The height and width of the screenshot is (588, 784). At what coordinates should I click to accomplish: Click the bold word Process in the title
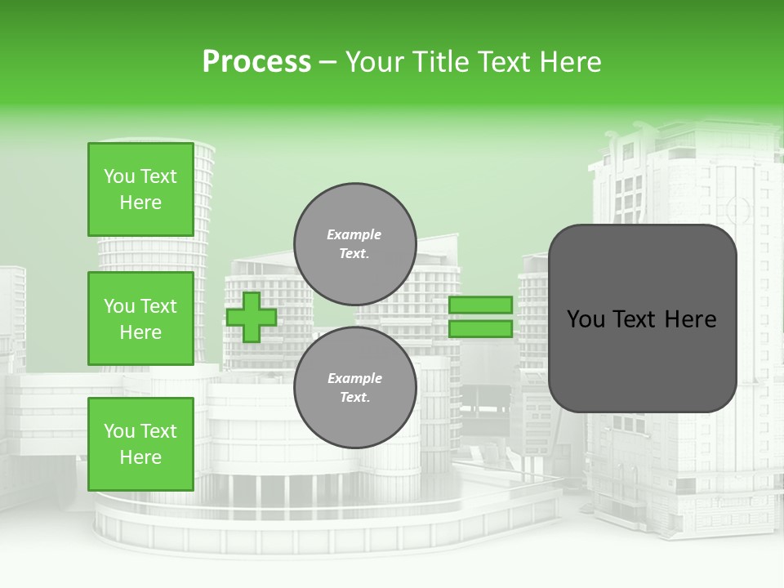pyautogui.click(x=256, y=62)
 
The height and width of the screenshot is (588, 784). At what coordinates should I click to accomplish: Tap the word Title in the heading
pyautogui.click(x=442, y=62)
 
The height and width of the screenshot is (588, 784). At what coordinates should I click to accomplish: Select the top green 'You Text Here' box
pyautogui.click(x=140, y=189)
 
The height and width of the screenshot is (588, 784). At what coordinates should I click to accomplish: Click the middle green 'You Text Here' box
pyautogui.click(x=140, y=318)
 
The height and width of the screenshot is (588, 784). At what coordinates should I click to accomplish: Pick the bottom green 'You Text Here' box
pyautogui.click(x=140, y=444)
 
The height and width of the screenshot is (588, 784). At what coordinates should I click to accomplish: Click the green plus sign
pyautogui.click(x=252, y=317)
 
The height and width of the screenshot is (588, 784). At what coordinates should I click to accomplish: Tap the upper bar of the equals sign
pyautogui.click(x=480, y=305)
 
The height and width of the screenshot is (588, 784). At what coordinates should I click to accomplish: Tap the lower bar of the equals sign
pyautogui.click(x=480, y=329)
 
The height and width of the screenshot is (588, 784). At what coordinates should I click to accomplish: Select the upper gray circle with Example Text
pyautogui.click(x=354, y=244)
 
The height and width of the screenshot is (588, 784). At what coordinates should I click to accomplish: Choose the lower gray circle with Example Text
pyautogui.click(x=354, y=388)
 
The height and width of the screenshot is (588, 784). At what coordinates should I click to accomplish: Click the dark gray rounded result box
pyautogui.click(x=642, y=318)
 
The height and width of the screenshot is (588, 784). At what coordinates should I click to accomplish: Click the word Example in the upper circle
pyautogui.click(x=354, y=235)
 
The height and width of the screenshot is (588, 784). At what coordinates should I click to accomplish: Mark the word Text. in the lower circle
pyautogui.click(x=354, y=398)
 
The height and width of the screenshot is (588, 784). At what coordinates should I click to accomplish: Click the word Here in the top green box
pyautogui.click(x=140, y=203)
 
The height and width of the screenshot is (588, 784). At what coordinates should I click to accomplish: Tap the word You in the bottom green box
pyautogui.click(x=119, y=431)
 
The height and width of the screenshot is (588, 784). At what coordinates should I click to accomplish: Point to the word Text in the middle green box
pyautogui.click(x=158, y=306)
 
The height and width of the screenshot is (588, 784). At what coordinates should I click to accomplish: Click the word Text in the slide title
pyautogui.click(x=504, y=62)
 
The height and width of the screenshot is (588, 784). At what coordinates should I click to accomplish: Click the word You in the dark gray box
pyautogui.click(x=586, y=319)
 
